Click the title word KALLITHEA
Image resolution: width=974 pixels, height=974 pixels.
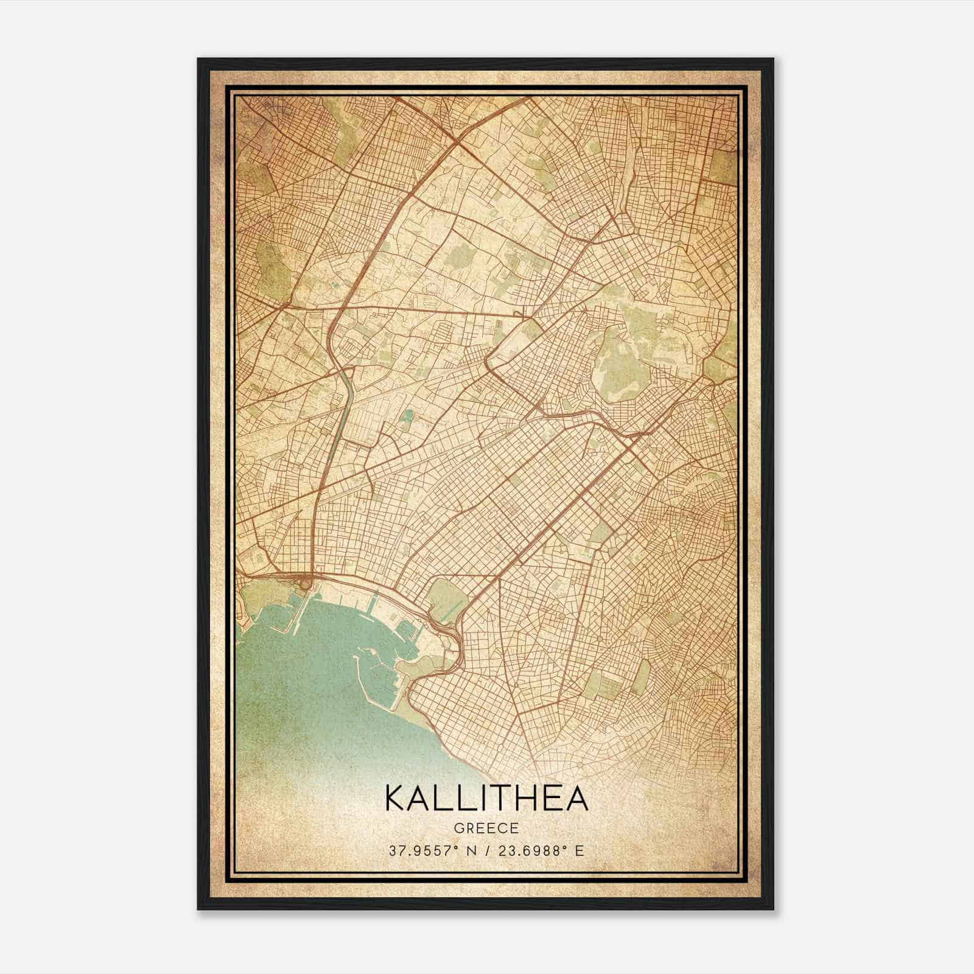point(487,798)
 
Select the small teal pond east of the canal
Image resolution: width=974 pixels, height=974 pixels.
point(407,416)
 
